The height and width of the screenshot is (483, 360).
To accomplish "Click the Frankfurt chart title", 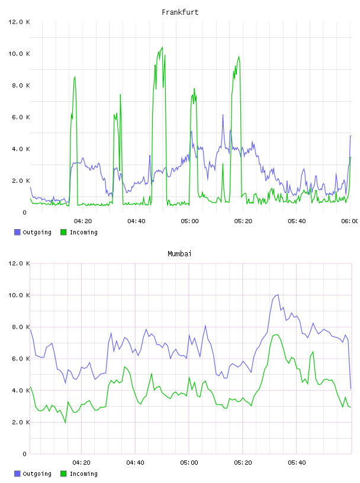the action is click(x=180, y=12).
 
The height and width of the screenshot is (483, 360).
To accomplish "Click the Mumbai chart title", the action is click(x=179, y=254).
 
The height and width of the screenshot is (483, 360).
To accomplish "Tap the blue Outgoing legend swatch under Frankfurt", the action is click(x=17, y=232).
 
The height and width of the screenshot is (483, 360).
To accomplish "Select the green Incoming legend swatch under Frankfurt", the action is click(x=63, y=232).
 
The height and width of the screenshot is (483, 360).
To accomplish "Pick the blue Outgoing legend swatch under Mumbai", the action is click(x=17, y=474).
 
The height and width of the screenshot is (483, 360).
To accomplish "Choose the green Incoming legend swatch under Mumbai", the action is click(x=63, y=474).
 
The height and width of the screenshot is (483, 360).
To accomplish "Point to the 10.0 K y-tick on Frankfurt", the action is click(x=19, y=54).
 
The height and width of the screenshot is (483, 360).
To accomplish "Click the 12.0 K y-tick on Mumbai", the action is click(x=19, y=263).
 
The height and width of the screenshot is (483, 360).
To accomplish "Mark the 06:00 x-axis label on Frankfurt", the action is click(x=350, y=221).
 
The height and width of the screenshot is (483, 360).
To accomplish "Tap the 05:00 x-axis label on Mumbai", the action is click(x=189, y=463).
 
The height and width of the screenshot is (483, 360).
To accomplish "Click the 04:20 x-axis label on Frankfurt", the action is click(x=83, y=221).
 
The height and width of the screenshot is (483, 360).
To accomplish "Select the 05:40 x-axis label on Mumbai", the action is click(x=297, y=463).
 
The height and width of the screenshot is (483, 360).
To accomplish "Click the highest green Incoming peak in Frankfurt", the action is click(x=162, y=47).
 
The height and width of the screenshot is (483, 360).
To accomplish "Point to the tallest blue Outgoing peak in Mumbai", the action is click(x=278, y=295).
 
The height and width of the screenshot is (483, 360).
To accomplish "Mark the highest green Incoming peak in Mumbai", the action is click(x=276, y=335).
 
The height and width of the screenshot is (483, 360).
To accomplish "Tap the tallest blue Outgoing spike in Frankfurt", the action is click(x=223, y=115).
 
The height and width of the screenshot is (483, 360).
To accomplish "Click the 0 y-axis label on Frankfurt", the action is click(x=25, y=212).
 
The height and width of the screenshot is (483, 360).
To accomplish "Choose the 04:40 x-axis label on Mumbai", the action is click(x=136, y=463).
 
